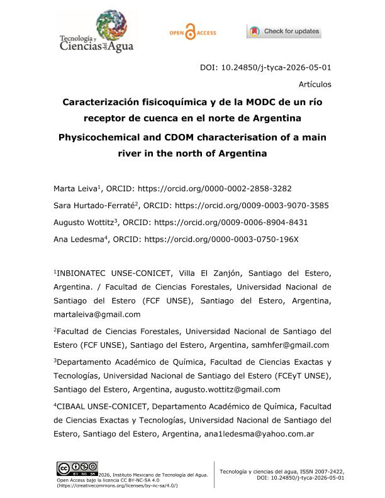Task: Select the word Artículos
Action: pos(315,84)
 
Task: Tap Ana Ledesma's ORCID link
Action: pos(221,239)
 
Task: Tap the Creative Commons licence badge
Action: pos(77,469)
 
